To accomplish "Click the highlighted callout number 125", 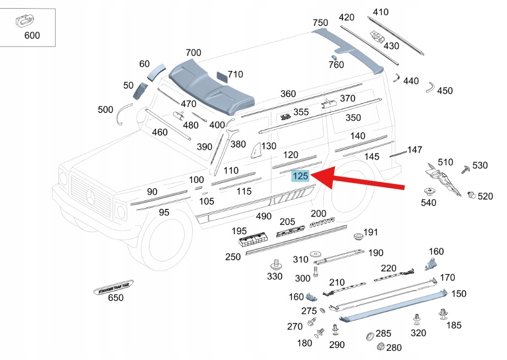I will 300,176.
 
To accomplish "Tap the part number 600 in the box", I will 32,36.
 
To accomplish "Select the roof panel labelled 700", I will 211,87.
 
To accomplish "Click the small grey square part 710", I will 222,75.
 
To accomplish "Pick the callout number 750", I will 320,23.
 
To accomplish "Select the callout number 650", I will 116,298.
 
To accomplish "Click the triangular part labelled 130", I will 255,149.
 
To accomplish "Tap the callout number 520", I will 485,196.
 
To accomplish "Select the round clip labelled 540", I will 430,192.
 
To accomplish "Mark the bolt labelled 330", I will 275,265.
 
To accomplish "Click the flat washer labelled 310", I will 315,254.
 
